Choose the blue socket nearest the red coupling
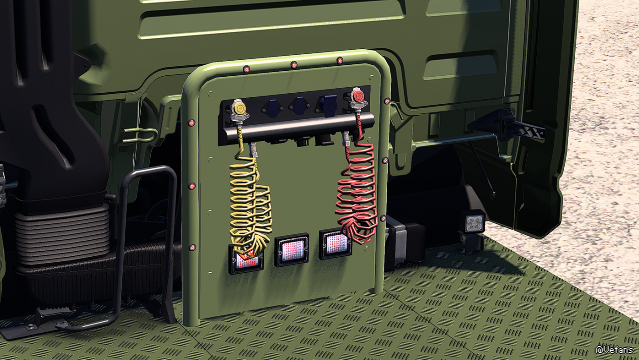click(x=327, y=104)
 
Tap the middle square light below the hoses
click(x=291, y=250)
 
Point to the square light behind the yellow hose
click(x=246, y=259)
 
